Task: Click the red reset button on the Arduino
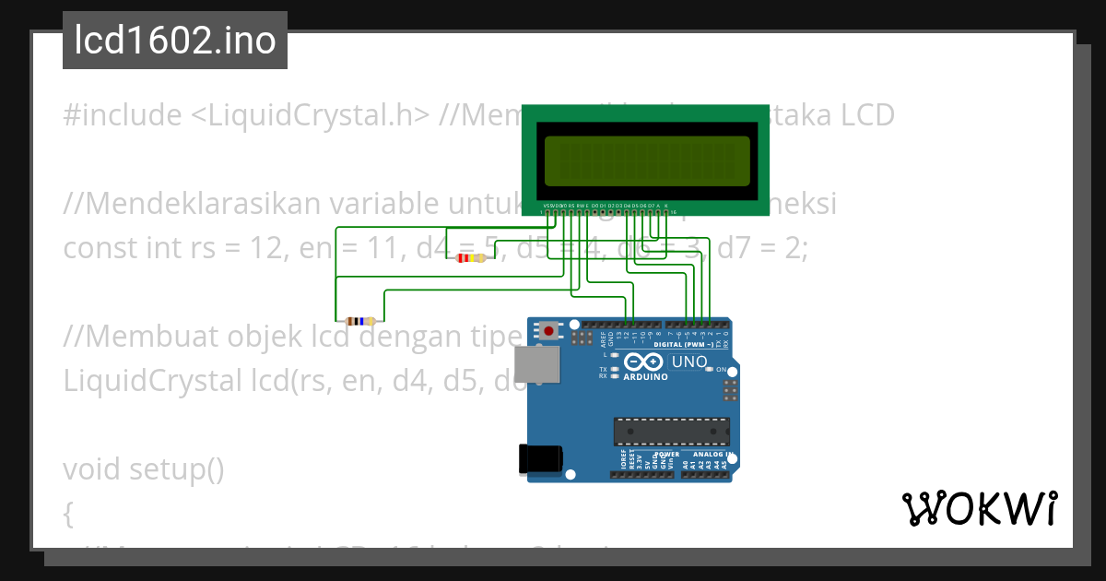[x=550, y=330]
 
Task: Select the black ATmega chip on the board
[x=671, y=431]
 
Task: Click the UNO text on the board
[x=688, y=362]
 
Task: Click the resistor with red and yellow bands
[x=471, y=258]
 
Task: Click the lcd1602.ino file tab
[x=175, y=41]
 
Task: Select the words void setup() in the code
[x=144, y=468]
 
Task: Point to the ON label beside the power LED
[x=722, y=369]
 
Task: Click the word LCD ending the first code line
[x=867, y=115]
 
